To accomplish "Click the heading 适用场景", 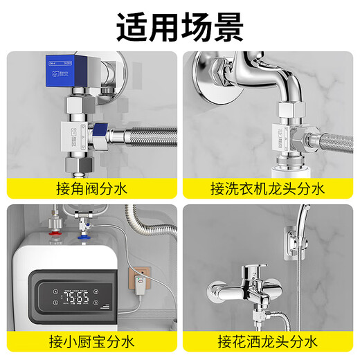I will [x=179, y=27].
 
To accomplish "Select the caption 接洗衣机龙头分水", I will [x=268, y=188].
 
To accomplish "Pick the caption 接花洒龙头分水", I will [x=268, y=341].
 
